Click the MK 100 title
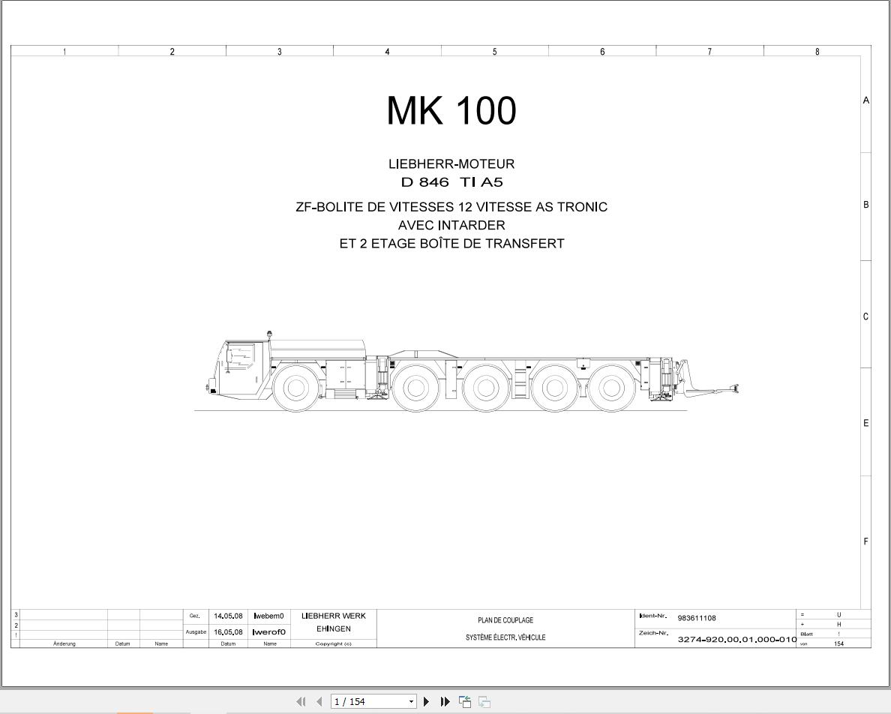click(x=451, y=111)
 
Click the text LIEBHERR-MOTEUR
click(x=451, y=163)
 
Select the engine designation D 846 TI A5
click(x=451, y=182)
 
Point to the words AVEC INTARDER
click(x=451, y=225)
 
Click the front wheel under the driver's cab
click(x=295, y=388)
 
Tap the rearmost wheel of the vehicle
click(x=610, y=388)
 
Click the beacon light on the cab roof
click(x=269, y=334)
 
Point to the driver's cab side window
click(x=241, y=355)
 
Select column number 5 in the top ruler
click(x=494, y=52)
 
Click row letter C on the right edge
click(x=865, y=316)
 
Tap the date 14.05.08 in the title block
click(x=228, y=616)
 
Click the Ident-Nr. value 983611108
click(x=696, y=618)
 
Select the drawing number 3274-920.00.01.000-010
click(x=736, y=639)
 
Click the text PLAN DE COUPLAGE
click(x=505, y=620)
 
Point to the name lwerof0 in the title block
click(x=269, y=631)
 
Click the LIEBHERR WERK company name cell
click(x=333, y=616)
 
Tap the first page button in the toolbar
click(x=301, y=702)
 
